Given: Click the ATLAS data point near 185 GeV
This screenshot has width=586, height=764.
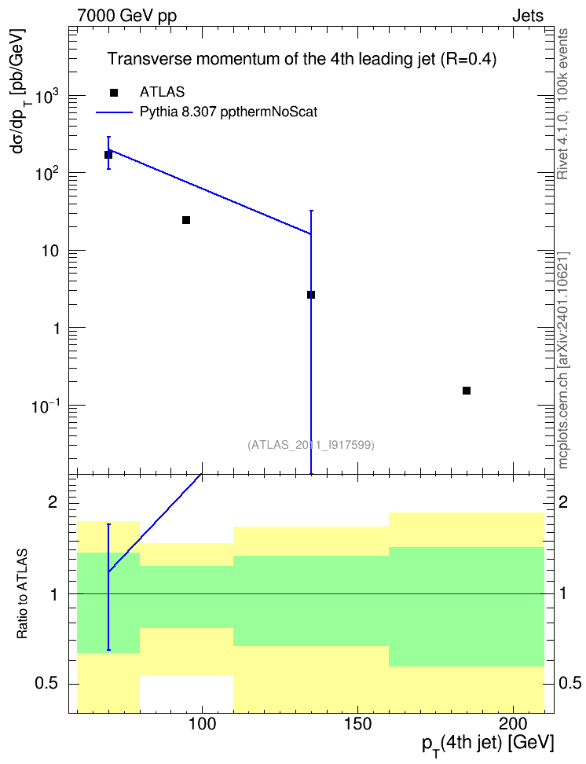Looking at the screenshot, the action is (466, 391).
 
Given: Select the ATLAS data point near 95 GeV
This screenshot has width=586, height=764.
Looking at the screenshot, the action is (186, 220).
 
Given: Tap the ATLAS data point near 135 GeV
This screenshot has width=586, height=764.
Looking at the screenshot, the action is (311, 295).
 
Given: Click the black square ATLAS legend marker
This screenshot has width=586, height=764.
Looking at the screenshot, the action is (113, 93).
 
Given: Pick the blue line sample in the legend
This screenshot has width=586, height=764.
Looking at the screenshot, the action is (114, 112).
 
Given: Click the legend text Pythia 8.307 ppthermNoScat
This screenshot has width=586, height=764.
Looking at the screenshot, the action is (229, 112).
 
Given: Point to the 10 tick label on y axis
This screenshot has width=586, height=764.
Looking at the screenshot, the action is (49, 252).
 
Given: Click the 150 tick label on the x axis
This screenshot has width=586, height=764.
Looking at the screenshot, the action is (357, 724).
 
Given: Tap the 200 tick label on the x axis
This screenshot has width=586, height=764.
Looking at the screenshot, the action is (514, 724).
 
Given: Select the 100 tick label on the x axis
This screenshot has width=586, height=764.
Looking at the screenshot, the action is (202, 724).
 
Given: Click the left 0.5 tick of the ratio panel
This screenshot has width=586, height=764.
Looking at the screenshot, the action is (47, 684).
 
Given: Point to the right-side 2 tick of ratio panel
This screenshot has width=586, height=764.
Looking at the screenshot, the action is (563, 501).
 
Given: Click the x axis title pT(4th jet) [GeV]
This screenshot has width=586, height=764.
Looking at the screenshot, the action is (488, 744).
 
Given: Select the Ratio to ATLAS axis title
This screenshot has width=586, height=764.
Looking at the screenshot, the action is (23, 593).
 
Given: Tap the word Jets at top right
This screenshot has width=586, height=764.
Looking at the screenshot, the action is (528, 16).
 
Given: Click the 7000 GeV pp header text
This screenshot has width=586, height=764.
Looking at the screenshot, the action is (126, 16).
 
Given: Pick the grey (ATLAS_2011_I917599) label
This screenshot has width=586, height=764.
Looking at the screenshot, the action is (311, 445).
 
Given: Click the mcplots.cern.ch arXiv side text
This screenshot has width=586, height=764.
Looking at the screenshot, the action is (563, 360).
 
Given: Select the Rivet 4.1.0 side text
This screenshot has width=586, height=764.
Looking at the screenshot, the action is (562, 104).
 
